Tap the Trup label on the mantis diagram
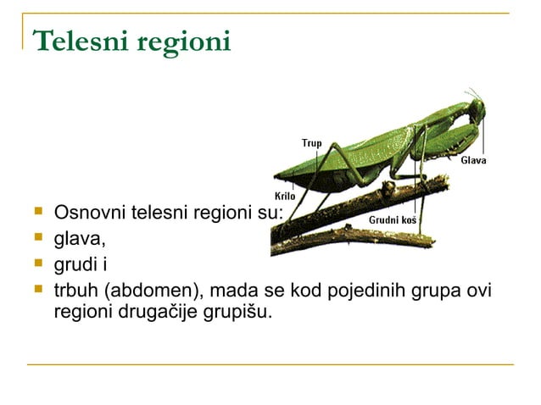click(x=312, y=143)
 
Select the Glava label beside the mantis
click(x=473, y=160)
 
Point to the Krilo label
click(x=284, y=197)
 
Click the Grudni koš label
click(x=393, y=219)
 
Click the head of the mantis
click(x=477, y=109)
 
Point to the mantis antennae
click(x=471, y=93)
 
